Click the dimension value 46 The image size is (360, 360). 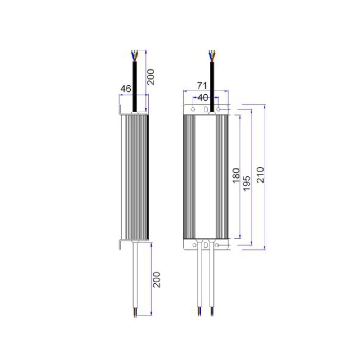125,89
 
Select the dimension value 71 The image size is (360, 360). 201,86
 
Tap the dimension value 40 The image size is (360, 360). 203,98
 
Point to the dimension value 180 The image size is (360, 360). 236,176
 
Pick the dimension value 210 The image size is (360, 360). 260,175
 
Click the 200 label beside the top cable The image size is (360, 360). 152,77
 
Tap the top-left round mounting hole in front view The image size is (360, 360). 193,109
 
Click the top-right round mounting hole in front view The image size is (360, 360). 218,109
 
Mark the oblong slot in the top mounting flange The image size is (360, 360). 206,109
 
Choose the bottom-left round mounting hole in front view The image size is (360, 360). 194,245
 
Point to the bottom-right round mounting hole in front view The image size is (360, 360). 217,245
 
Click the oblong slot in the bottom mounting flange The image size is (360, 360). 206,246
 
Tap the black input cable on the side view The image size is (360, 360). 135,86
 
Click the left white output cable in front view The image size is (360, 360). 199,277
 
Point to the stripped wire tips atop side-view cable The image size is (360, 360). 135,55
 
